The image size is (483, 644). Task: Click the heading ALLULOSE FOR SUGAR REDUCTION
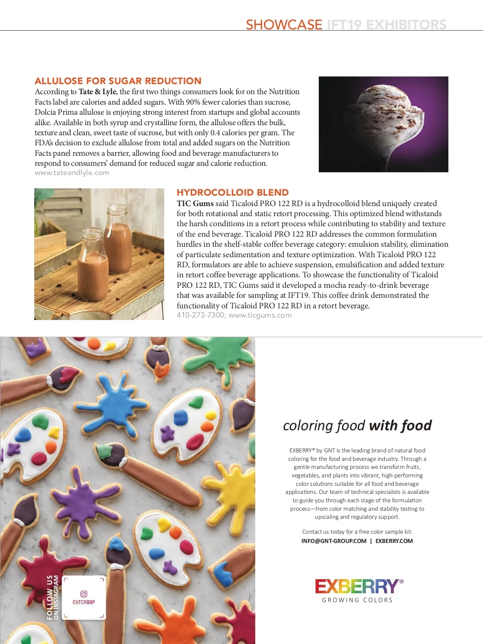[x=118, y=81]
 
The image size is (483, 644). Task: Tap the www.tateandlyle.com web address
[x=72, y=173]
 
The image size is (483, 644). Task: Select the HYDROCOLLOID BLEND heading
[x=233, y=192]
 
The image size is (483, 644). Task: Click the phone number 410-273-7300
[x=200, y=315]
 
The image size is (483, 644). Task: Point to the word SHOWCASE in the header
[x=284, y=25]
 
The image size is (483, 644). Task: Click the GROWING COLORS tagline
[x=357, y=600]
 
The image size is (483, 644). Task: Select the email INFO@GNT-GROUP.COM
[x=334, y=541]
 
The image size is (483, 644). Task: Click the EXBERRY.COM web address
[x=394, y=541]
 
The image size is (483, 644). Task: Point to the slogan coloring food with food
[x=357, y=425]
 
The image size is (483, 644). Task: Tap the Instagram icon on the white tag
[x=84, y=594]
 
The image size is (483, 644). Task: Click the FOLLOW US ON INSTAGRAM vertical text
[x=53, y=597]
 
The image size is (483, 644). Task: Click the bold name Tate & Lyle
[x=97, y=91]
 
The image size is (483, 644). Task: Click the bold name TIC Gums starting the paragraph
[x=195, y=203]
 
